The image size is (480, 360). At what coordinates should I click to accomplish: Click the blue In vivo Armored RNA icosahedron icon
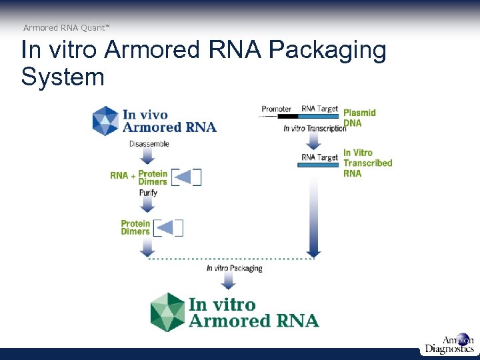(106, 121)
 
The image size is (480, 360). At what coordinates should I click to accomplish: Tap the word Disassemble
(149, 144)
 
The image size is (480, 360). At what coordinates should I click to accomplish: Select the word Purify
(148, 193)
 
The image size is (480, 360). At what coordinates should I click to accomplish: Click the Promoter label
(276, 109)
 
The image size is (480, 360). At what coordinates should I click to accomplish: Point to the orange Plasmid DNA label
(359, 117)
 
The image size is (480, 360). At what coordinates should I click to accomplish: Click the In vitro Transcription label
(315, 129)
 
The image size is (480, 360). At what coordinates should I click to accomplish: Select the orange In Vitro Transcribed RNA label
(367, 163)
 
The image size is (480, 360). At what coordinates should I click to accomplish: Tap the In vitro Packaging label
(234, 268)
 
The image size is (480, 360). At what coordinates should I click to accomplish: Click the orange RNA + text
(122, 176)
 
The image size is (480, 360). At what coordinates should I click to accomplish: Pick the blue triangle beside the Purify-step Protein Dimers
(168, 228)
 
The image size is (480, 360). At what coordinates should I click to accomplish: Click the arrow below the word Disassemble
(148, 157)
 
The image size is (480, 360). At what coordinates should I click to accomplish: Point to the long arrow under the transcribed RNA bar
(313, 213)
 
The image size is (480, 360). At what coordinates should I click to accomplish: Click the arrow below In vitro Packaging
(227, 280)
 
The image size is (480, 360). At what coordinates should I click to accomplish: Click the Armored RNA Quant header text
(66, 27)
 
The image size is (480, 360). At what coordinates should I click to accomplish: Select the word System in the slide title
(63, 77)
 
